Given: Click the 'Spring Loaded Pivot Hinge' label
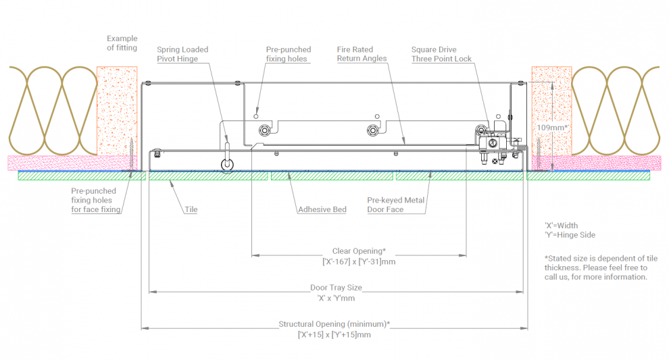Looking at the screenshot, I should pos(182,54).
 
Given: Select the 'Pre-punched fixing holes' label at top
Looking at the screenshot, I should pos(289,54).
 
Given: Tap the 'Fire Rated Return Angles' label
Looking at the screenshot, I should pos(362,54).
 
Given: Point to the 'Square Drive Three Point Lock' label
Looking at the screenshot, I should pos(442,54).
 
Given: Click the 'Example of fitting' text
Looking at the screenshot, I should pos(122,43).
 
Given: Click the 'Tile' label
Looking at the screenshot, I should pos(191,209).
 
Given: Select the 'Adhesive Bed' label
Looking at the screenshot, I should pos(322,209).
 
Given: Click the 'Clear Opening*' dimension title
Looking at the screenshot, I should pos(359,251).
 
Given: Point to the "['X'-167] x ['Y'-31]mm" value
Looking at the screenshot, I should pos(359,261).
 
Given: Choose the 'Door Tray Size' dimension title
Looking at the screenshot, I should pos(336,288).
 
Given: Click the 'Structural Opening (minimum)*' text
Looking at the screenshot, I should pos(334,324).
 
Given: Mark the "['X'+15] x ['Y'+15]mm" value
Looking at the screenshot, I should pos(334,334).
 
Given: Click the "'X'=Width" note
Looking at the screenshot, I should pos(561,226).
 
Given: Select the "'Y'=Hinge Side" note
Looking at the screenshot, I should pos(570,235).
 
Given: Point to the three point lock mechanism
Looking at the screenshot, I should pos(494,143).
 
